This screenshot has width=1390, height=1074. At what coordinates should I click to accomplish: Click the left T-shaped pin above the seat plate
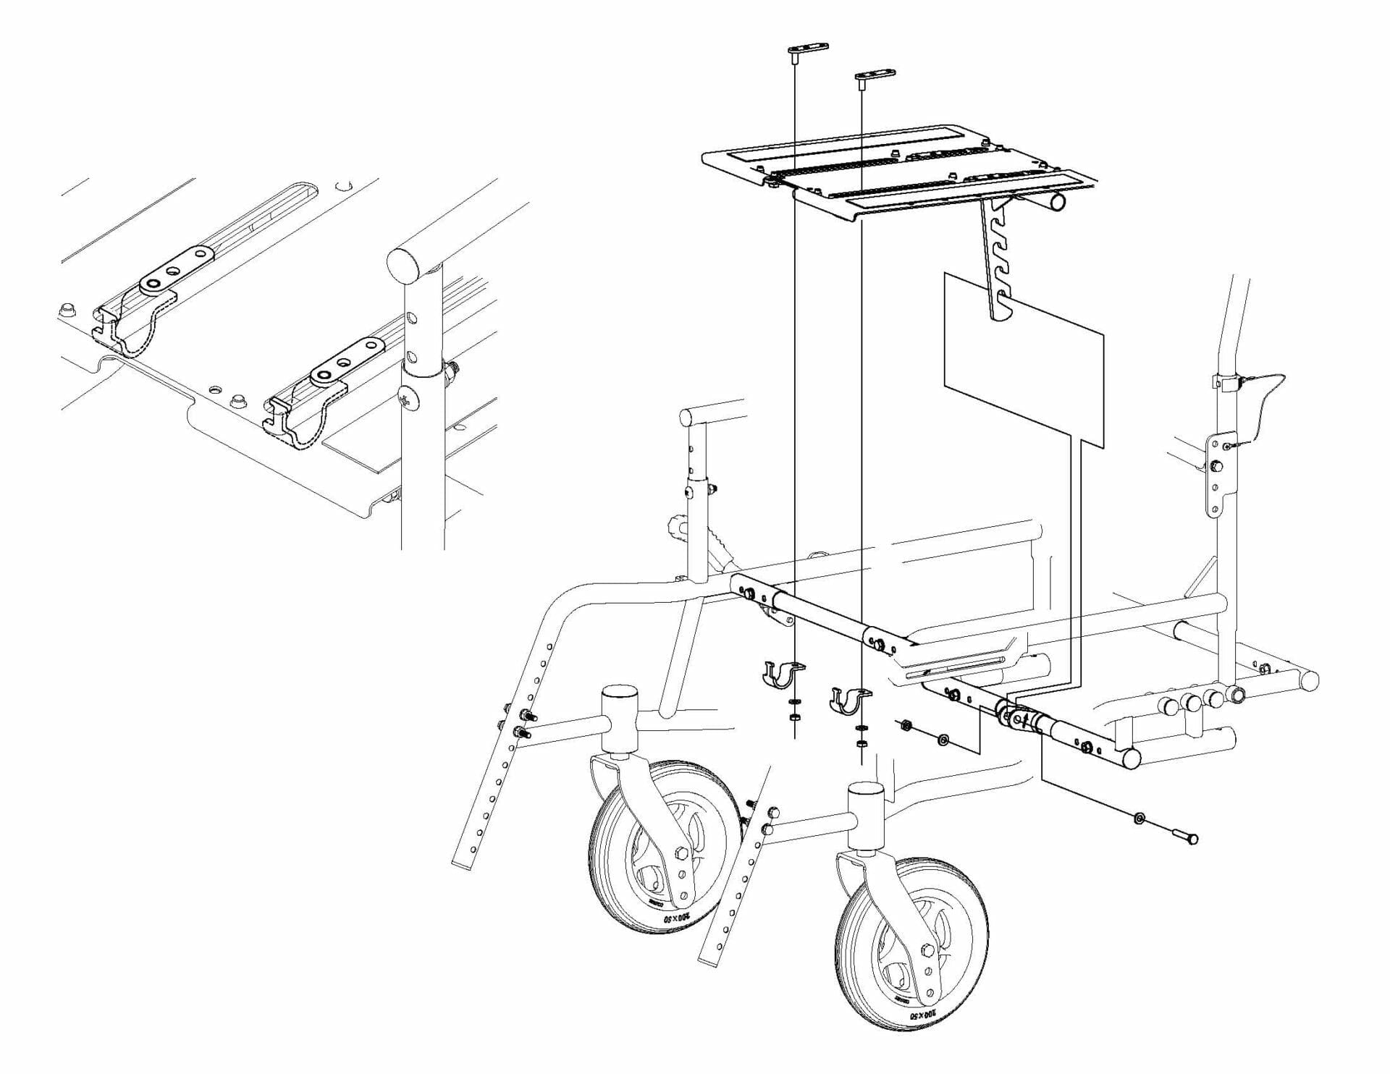(807, 49)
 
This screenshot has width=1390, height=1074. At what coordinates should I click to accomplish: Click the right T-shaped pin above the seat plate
(875, 75)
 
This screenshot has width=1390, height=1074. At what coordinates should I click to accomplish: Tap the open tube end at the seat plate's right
(1058, 201)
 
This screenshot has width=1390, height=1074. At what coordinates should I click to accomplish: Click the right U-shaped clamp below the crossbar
(848, 699)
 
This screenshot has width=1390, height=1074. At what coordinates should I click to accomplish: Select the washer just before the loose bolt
(1140, 819)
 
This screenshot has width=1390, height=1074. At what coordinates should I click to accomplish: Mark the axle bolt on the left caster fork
(681, 853)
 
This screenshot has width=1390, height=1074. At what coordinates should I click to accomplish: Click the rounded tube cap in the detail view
(405, 266)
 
